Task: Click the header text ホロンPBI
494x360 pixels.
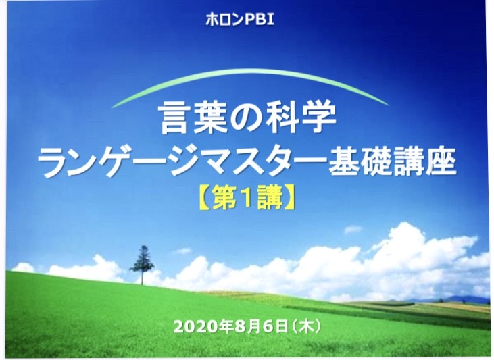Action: pyautogui.click(x=239, y=20)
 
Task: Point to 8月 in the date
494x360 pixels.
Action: pyautogui.click(x=248, y=327)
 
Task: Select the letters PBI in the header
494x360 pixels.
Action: pyautogui.click(x=260, y=20)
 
